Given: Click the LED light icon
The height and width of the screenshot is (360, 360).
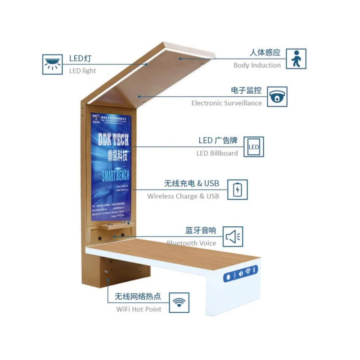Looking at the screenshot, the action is (x=53, y=64).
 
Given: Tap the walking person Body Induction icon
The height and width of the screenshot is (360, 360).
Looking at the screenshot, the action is (x=296, y=59).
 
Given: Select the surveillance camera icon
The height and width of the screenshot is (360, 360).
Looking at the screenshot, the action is (x=277, y=97).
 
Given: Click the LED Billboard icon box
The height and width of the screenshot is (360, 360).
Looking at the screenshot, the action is (x=254, y=147).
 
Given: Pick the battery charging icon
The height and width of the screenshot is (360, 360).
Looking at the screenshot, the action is (x=237, y=189).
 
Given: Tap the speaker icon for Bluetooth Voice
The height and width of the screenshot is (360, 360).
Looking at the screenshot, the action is (x=233, y=237).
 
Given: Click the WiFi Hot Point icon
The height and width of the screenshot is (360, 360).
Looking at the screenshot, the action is (x=179, y=303).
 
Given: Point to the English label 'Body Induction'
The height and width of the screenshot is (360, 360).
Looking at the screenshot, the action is (x=257, y=65).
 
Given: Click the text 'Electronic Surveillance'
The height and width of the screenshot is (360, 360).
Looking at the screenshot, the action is (x=226, y=103).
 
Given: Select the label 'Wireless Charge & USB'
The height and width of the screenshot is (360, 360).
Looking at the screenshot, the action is (x=183, y=196).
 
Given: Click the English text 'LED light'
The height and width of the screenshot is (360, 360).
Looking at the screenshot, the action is (x=82, y=71).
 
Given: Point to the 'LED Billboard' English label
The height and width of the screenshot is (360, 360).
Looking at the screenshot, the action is (x=217, y=153).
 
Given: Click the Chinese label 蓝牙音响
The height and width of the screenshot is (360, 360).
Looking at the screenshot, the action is (x=201, y=231).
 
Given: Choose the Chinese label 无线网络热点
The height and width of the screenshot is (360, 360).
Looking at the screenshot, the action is (x=138, y=297).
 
